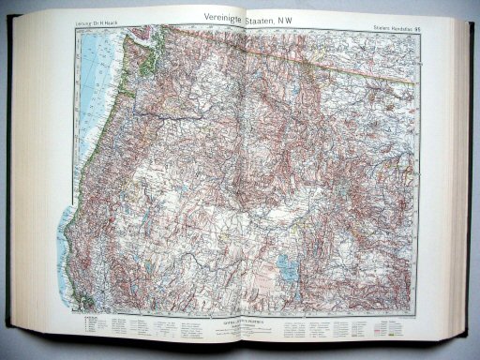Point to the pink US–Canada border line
click(309, 56)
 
